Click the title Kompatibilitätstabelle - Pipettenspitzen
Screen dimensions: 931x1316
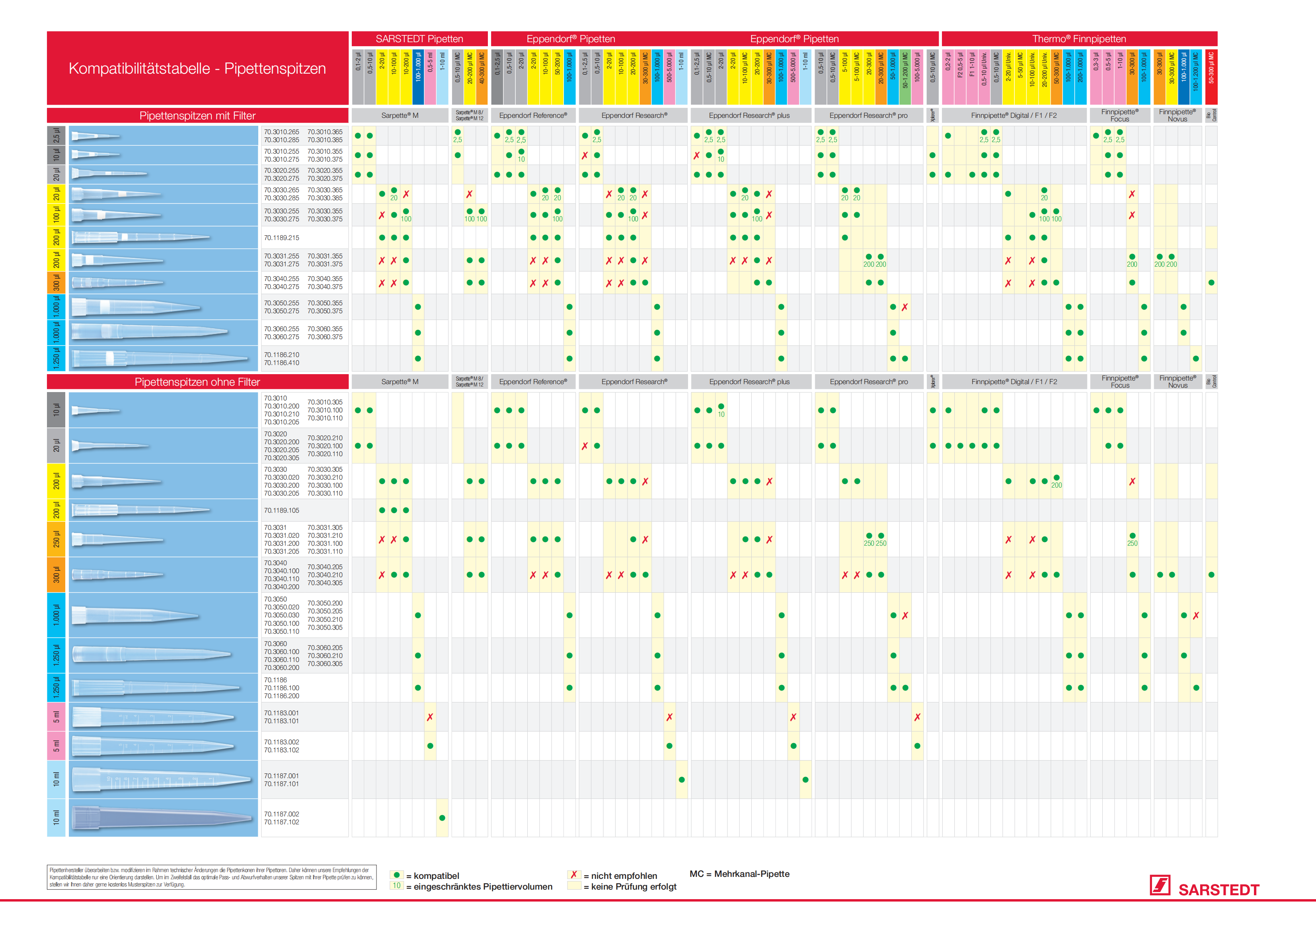[x=197, y=69]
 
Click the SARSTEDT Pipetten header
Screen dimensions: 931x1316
[x=419, y=39]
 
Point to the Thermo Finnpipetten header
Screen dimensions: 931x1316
[x=1079, y=39]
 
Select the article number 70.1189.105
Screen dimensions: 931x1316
[x=281, y=511]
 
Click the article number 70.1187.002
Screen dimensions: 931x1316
[x=281, y=814]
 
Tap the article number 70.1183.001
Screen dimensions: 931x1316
[x=281, y=713]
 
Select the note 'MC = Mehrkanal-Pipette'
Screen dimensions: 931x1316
[x=739, y=874]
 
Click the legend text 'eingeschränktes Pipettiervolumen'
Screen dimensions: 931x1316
[x=483, y=887]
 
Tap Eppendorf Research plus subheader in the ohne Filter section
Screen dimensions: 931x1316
[x=749, y=382]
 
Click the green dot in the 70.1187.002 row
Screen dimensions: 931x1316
[x=442, y=818]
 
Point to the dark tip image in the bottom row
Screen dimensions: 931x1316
[x=163, y=818]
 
